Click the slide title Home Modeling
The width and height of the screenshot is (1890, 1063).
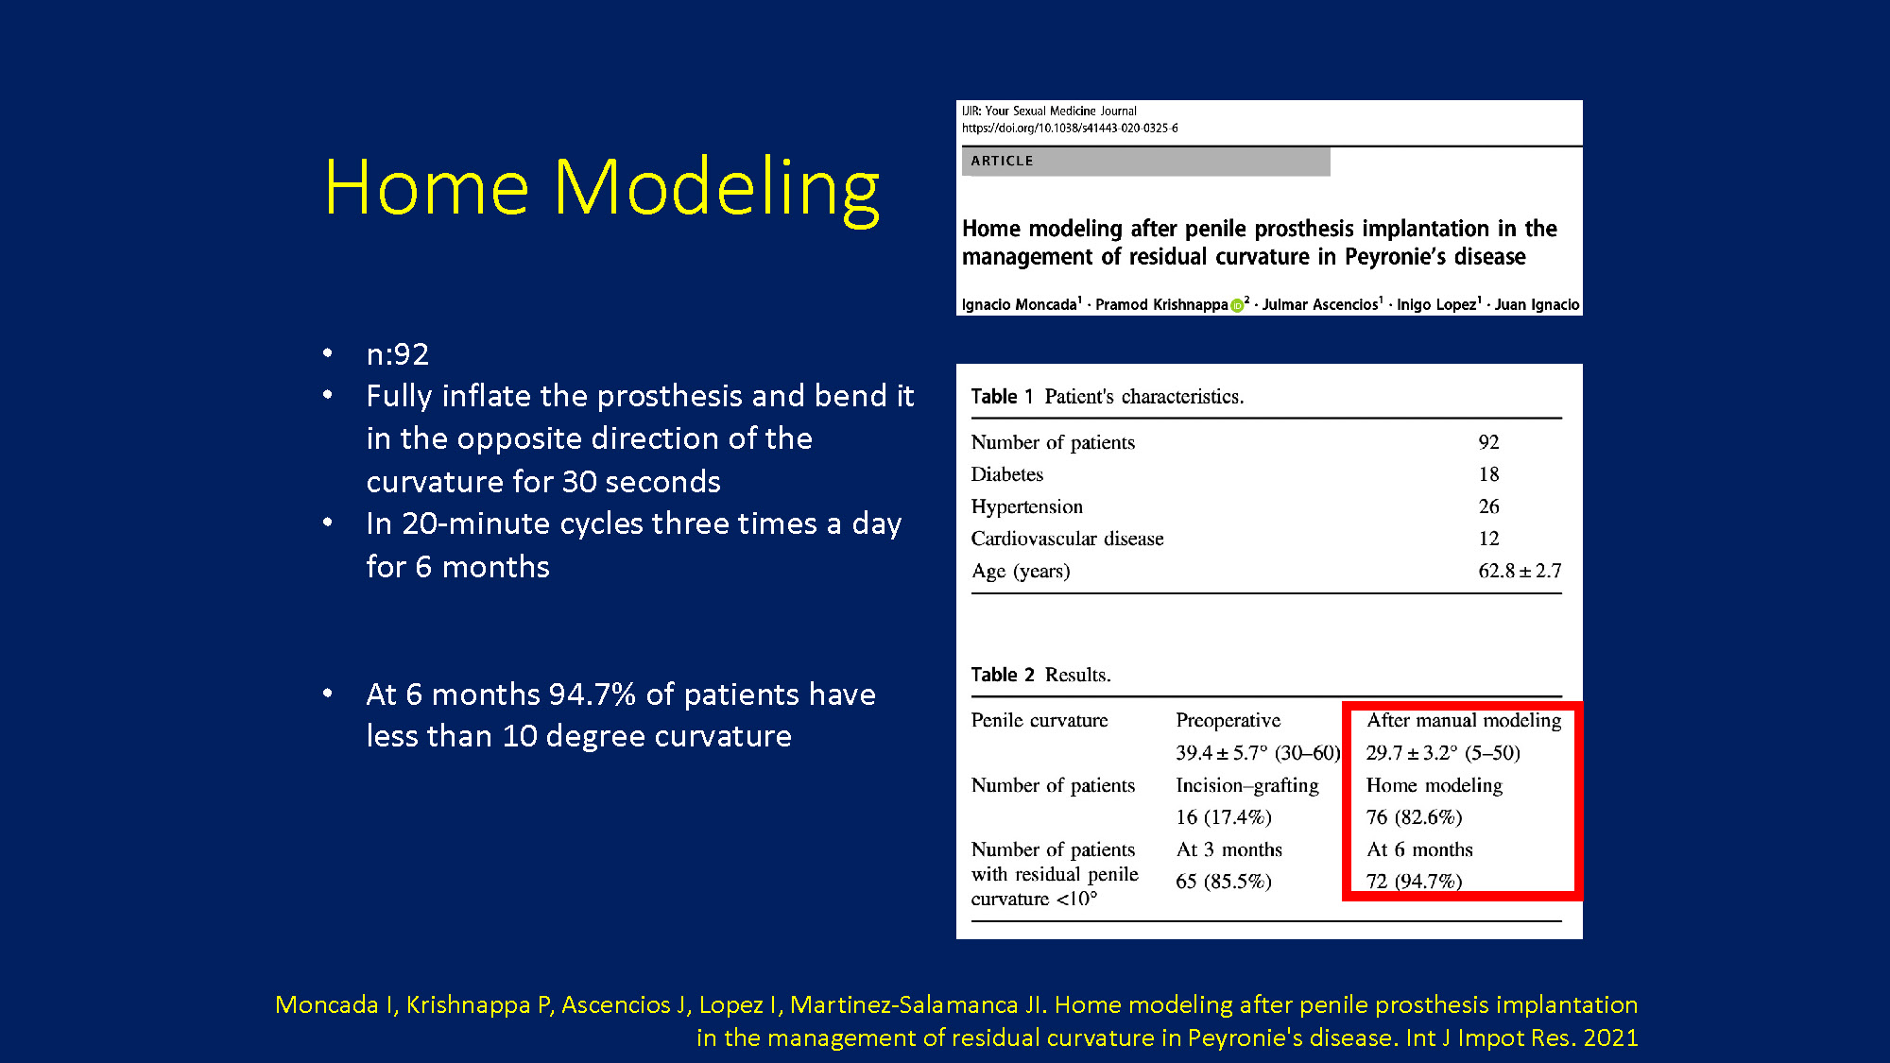[601, 188]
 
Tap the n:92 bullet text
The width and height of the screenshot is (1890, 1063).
[398, 354]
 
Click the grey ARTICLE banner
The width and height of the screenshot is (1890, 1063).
[1145, 162]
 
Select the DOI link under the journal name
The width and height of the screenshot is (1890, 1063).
[1070, 128]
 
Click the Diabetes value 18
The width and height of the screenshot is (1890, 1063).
[1488, 474]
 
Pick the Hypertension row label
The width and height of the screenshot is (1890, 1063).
[1027, 507]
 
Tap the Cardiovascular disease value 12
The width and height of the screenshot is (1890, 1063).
[1488, 539]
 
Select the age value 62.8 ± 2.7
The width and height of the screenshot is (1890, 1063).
[1520, 571]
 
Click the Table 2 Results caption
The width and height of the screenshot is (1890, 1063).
[1040, 675]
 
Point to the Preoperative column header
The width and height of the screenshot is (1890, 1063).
[1228, 720]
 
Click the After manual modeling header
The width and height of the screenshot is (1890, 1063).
[1464, 720]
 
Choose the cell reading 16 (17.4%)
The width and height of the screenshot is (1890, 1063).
[1224, 817]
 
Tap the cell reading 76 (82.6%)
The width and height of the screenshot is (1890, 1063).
[1414, 817]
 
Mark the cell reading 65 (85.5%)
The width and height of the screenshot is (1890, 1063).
[1224, 882]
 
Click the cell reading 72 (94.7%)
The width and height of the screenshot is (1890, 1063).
[1414, 882]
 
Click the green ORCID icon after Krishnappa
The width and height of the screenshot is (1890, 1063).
[1236, 305]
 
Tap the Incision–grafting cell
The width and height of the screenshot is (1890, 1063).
[1246, 785]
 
